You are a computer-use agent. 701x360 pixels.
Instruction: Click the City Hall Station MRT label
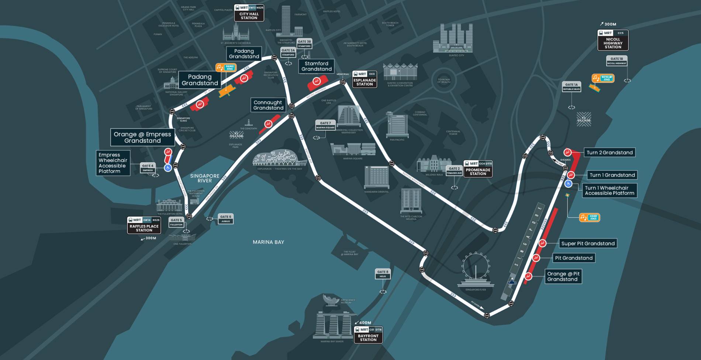249,13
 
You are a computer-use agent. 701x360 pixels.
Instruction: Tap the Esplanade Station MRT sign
365,79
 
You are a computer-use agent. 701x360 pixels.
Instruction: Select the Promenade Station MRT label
478,169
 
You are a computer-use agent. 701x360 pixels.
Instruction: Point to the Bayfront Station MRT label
368,335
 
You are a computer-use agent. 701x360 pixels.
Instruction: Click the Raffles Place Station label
144,225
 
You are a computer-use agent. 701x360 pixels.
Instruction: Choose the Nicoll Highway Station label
613,41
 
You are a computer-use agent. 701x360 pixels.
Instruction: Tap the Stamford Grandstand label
316,66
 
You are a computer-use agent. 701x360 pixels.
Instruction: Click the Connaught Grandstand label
268,105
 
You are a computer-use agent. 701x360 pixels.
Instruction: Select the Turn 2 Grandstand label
610,153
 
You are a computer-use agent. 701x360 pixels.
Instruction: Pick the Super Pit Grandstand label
588,243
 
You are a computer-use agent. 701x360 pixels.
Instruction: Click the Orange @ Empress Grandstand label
142,137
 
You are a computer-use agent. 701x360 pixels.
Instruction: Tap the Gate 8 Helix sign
383,274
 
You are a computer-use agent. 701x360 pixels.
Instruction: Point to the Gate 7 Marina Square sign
325,125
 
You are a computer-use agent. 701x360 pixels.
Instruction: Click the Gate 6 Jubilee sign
225,219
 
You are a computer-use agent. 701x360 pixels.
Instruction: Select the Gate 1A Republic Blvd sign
571,87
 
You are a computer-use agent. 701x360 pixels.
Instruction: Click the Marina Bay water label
268,242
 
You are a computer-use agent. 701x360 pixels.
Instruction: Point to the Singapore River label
204,179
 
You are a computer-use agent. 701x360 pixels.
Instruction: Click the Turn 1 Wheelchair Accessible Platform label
609,191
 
